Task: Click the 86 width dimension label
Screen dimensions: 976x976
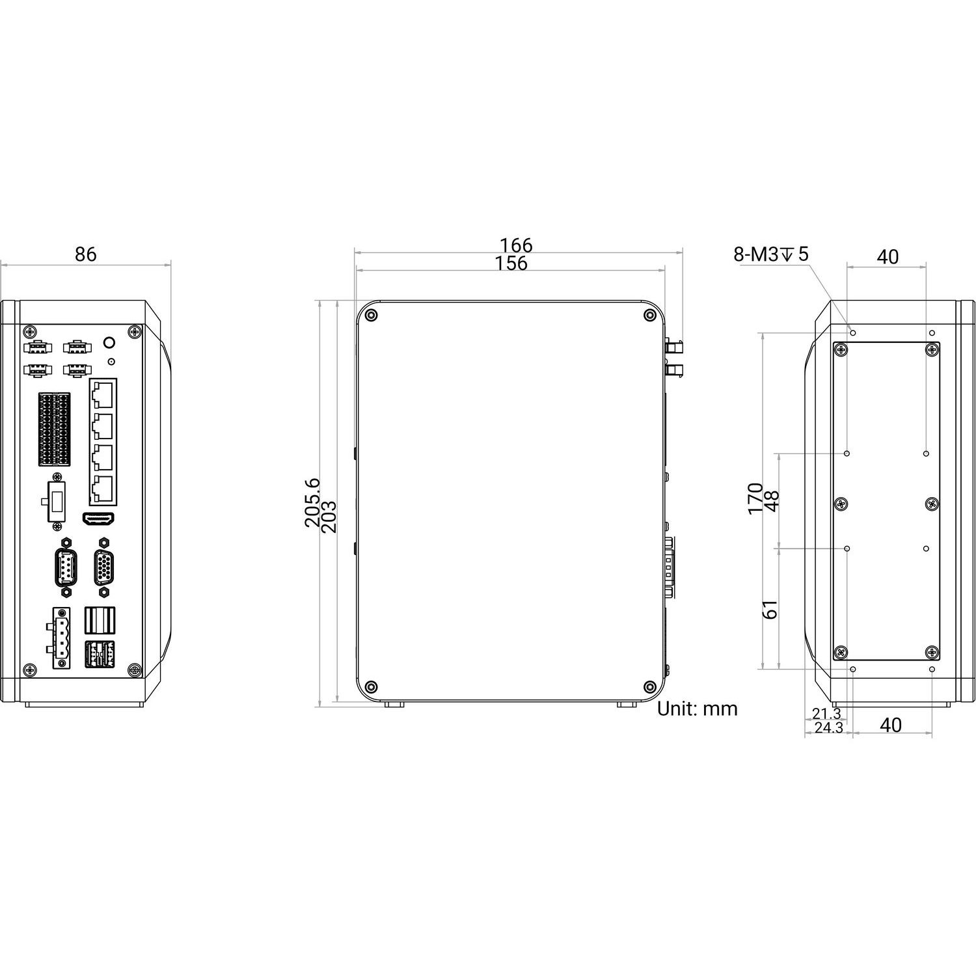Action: [85, 254]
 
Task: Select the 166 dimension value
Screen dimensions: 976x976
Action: [516, 245]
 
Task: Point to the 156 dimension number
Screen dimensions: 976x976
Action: [511, 263]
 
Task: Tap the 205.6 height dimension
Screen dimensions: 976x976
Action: [312, 502]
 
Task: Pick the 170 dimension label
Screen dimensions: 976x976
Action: [755, 498]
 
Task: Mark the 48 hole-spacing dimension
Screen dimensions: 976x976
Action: [772, 501]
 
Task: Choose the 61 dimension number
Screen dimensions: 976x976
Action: [770, 610]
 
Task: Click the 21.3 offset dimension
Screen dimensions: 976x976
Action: [826, 714]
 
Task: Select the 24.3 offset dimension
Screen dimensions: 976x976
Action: [828, 728]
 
